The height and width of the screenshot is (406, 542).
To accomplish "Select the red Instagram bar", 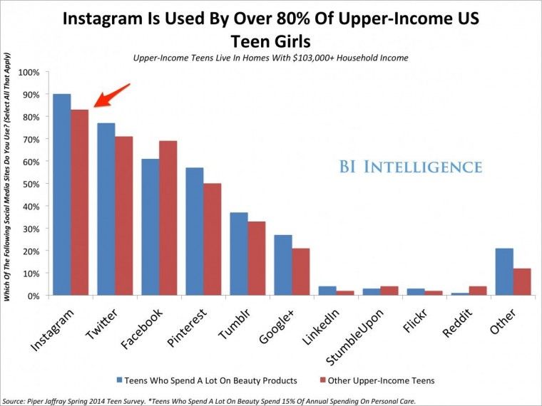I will tap(79, 202).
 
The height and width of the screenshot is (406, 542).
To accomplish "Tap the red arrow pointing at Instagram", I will tap(111, 95).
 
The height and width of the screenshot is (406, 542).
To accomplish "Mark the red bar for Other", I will tap(523, 281).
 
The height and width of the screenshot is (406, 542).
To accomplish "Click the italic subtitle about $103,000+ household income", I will tap(270, 58).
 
